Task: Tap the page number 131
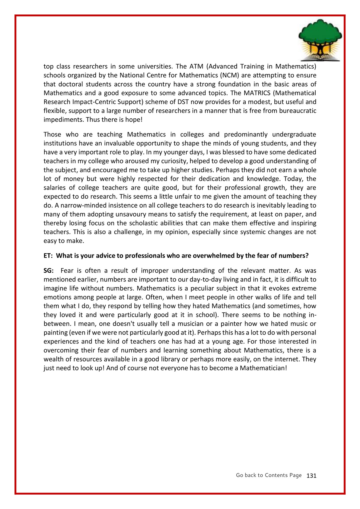pyautogui.click(x=311, y=476)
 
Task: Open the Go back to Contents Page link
pyautogui.click(x=268, y=475)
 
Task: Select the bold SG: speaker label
pyautogui.click(x=49, y=271)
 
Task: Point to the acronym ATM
pyautogui.click(x=196, y=67)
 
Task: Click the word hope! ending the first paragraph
pyautogui.click(x=134, y=120)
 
